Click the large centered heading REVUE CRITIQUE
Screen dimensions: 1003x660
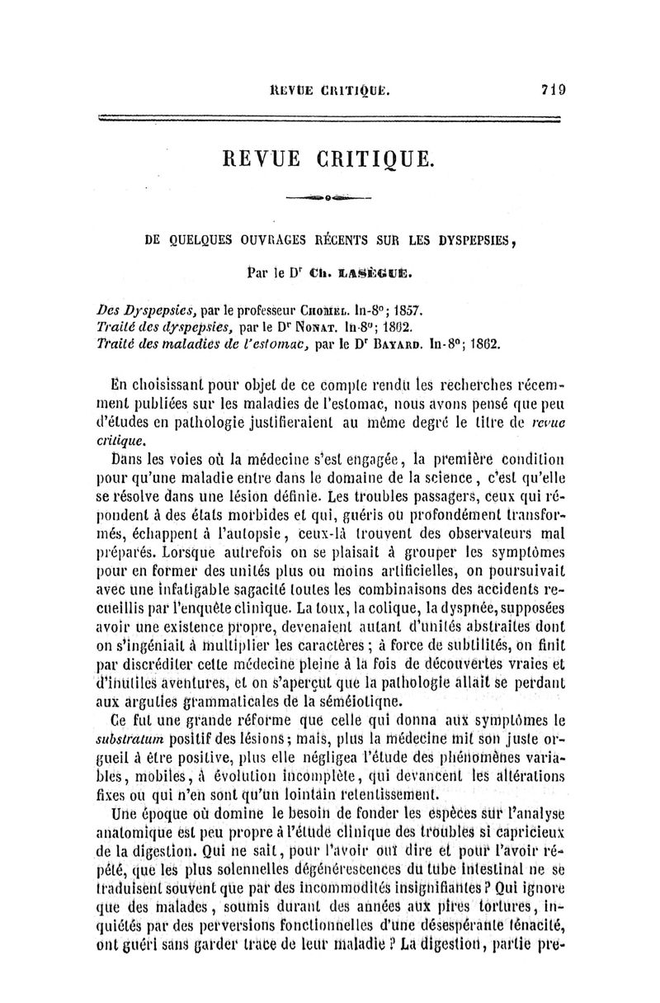tap(328, 157)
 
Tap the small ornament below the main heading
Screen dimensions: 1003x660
tap(328, 197)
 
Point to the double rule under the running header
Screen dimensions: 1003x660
tap(328, 121)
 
